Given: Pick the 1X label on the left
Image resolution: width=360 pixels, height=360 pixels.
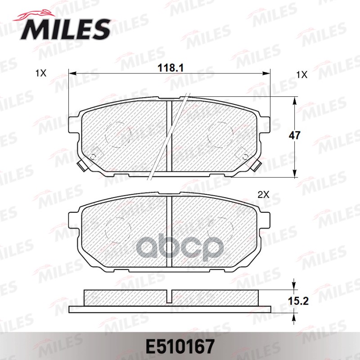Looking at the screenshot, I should (x=40, y=73).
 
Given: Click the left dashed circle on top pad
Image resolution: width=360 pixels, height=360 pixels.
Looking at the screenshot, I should (x=118, y=134).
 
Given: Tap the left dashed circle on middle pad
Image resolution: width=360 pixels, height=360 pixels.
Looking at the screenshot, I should (x=118, y=229).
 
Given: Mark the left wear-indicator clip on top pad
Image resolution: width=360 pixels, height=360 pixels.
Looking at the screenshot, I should (x=82, y=166).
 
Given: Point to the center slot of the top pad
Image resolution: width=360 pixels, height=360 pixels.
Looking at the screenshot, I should (x=170, y=135).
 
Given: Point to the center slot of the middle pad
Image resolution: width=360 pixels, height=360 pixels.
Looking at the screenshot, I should (x=170, y=232).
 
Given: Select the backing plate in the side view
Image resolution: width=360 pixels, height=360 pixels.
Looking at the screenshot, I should (x=171, y=310).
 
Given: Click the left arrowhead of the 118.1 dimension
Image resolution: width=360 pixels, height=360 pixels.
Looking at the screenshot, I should (x=71, y=73).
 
